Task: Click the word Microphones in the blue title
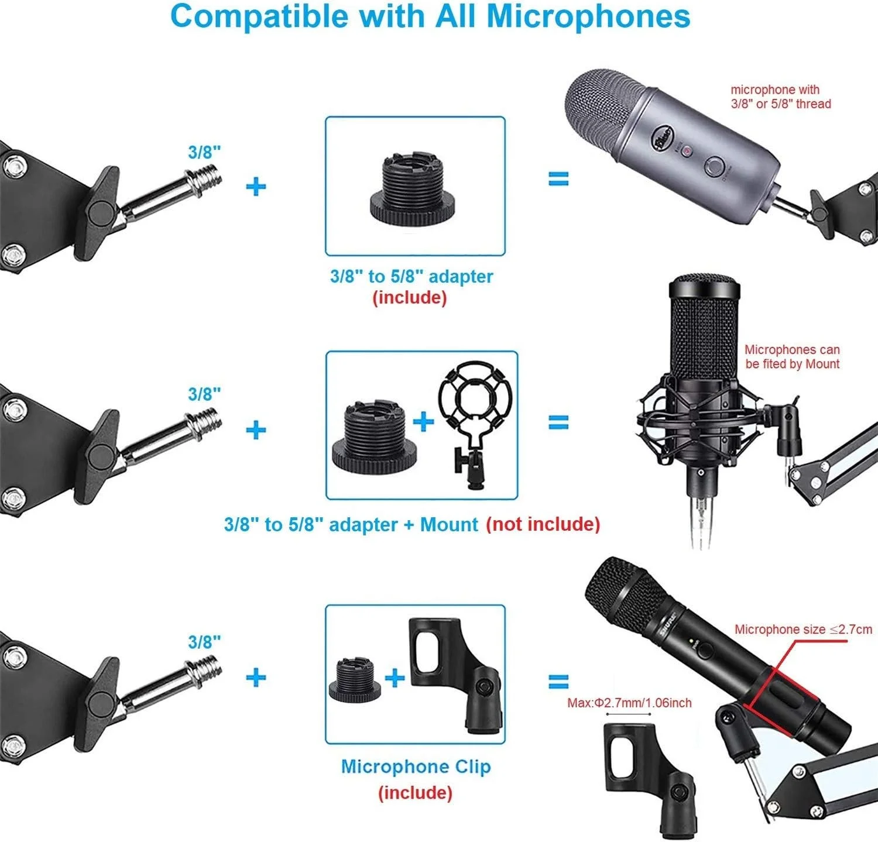tap(588, 16)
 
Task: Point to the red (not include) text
tap(543, 524)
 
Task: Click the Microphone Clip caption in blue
tap(416, 767)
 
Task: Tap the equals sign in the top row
tap(558, 178)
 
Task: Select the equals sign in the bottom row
tap(558, 682)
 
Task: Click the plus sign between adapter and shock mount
tap(423, 421)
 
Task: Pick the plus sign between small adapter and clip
tap(395, 678)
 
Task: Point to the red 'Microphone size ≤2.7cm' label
tap(803, 630)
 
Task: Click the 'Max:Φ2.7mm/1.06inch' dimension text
tap(629, 703)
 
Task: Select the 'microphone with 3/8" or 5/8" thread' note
tap(780, 97)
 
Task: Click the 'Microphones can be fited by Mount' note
tap(792, 357)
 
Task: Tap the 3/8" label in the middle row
tap(204, 394)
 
